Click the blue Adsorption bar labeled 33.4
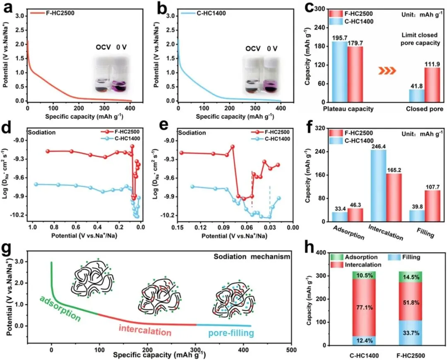[339, 217]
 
